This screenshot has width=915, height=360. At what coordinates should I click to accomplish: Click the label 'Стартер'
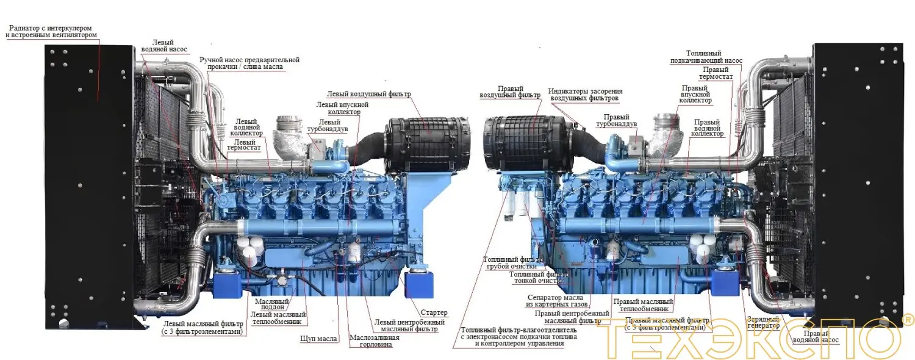(x=434, y=313)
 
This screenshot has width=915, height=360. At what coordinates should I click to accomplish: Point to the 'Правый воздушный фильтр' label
(x=510, y=92)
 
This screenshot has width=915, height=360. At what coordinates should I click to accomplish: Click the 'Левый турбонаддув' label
(x=330, y=126)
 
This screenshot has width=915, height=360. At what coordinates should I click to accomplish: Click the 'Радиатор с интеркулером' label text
(x=52, y=32)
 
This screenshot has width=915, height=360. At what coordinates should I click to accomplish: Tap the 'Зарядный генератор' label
(x=764, y=322)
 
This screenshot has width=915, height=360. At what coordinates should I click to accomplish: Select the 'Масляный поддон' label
(x=271, y=303)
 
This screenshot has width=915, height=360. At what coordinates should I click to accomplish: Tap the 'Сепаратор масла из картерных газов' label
(x=557, y=301)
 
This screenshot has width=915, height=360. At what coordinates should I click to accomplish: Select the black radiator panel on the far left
(x=88, y=183)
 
